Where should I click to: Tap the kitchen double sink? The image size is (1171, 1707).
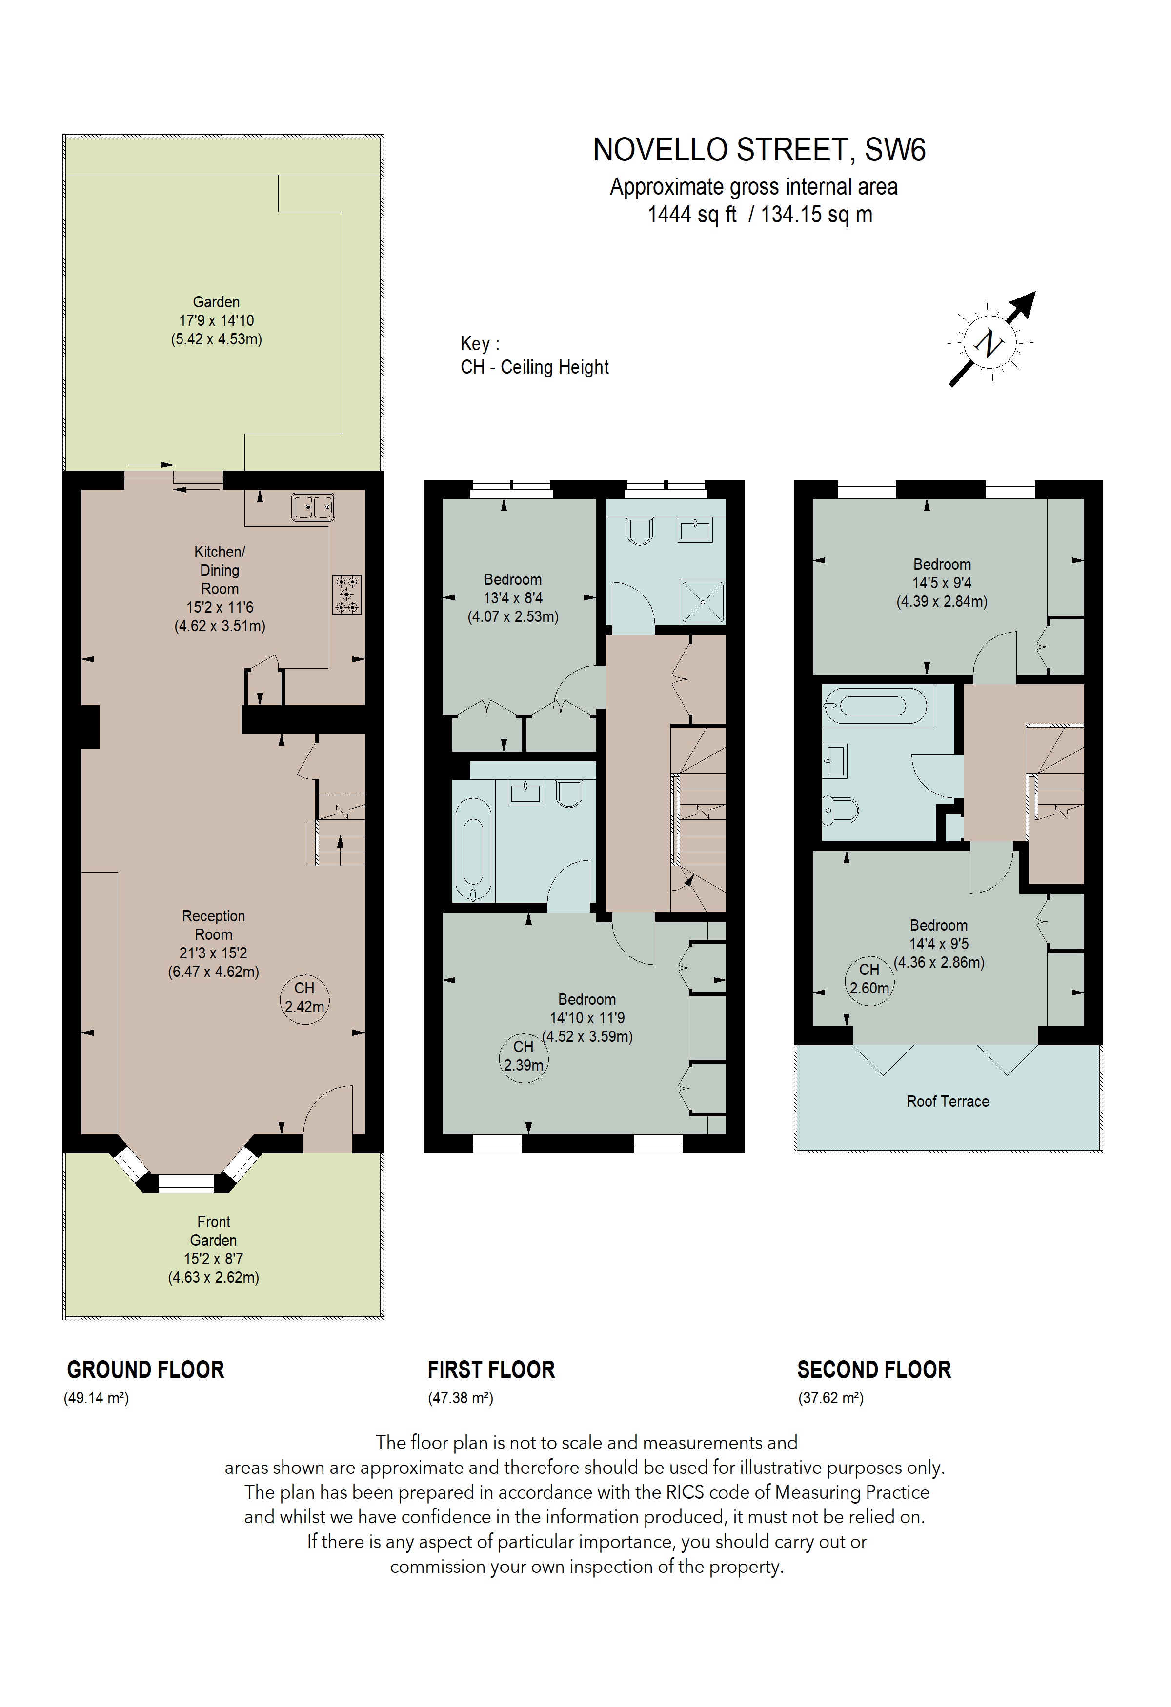point(313,507)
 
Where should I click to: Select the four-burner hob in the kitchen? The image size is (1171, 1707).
point(347,594)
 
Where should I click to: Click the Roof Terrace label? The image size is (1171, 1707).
point(947,1101)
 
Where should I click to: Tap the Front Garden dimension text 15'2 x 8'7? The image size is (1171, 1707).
point(213,1258)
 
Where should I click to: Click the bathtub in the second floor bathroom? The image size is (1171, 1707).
point(874,706)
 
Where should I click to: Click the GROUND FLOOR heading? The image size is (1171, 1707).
point(145,1370)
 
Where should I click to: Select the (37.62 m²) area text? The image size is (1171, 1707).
point(831,1398)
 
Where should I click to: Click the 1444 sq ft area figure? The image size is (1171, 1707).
point(691,215)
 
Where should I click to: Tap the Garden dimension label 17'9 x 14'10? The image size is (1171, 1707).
point(216,320)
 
